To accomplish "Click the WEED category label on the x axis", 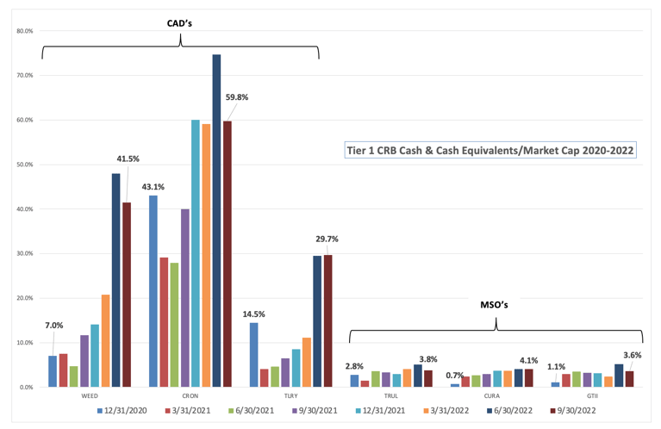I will (89, 395).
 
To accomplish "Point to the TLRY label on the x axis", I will (290, 395).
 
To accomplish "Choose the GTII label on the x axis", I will (591, 395).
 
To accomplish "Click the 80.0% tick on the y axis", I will (25, 31).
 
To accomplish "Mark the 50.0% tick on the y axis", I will (25, 165).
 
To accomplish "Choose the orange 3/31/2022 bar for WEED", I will (105, 341).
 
